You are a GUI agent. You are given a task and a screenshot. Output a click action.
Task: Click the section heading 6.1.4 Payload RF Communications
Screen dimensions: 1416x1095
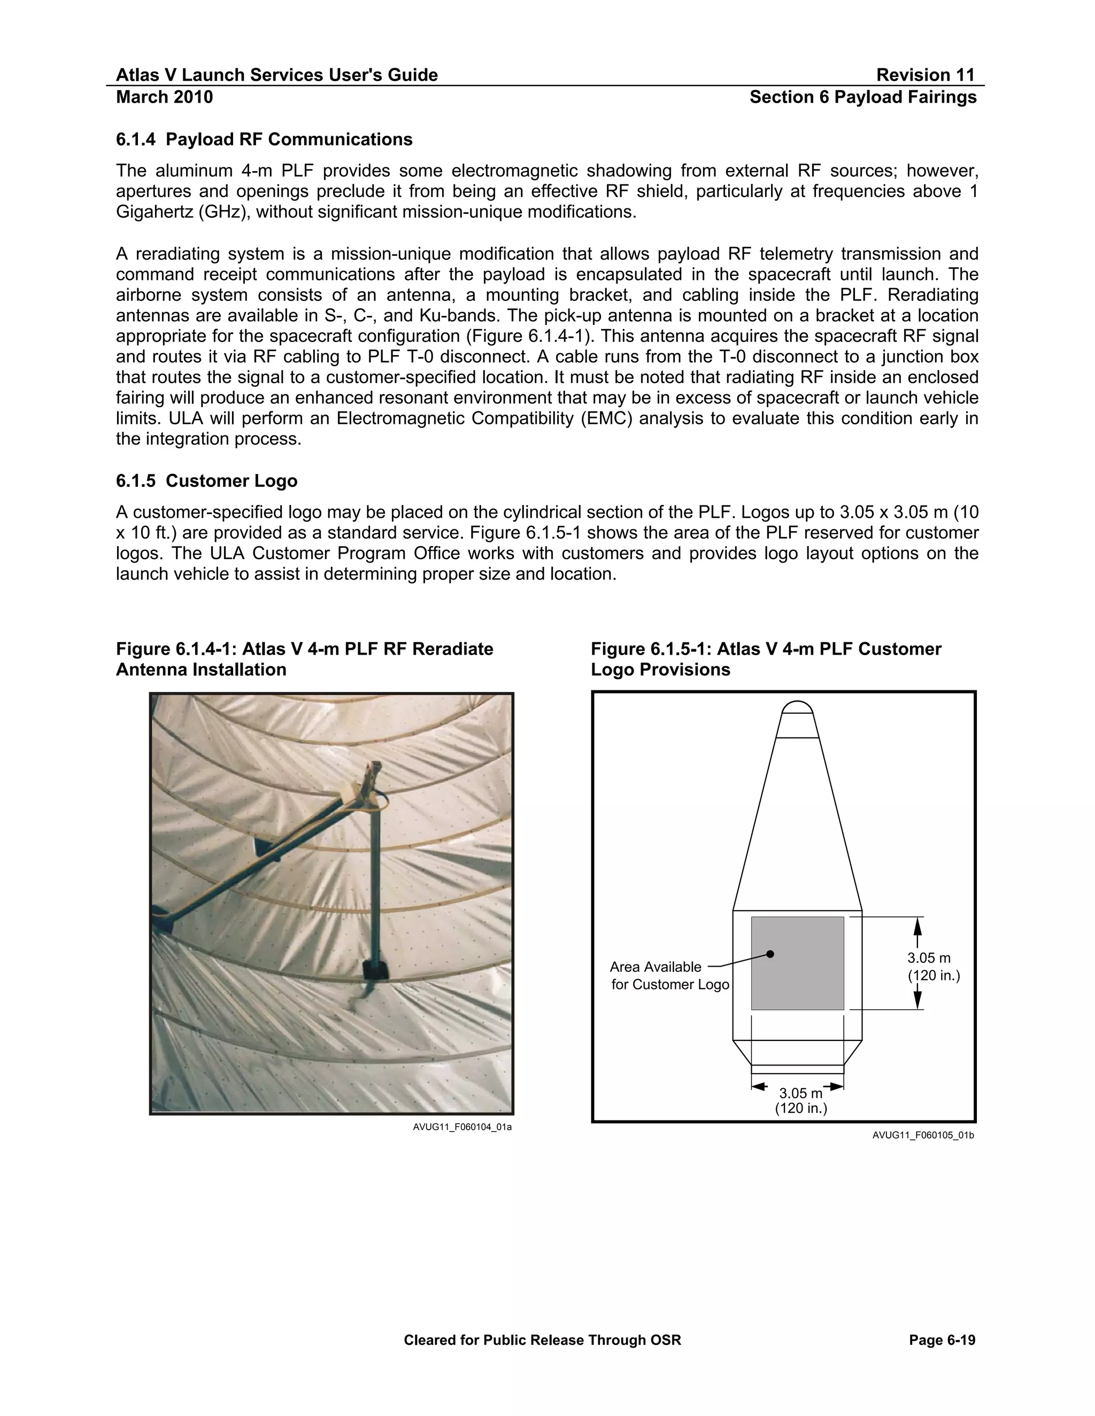click(x=264, y=139)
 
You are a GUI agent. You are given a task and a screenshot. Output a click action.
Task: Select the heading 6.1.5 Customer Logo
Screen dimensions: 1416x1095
click(x=206, y=480)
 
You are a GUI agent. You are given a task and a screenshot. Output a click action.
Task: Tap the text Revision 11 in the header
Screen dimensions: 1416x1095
click(x=925, y=75)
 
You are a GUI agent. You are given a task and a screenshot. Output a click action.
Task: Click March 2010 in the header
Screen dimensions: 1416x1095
click(x=164, y=97)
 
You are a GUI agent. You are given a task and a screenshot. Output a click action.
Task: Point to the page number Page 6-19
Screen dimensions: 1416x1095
click(x=942, y=1340)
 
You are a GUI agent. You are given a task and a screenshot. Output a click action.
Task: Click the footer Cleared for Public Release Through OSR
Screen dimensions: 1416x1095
click(x=542, y=1340)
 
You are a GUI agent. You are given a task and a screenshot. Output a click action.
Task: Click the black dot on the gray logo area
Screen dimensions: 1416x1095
click(x=770, y=954)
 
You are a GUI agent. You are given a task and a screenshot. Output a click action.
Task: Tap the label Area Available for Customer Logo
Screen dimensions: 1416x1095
click(x=668, y=976)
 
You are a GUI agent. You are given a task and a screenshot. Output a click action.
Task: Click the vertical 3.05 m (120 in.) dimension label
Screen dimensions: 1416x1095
click(x=933, y=967)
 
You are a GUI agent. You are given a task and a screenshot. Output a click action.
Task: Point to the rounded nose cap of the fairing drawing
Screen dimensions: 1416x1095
click(x=797, y=707)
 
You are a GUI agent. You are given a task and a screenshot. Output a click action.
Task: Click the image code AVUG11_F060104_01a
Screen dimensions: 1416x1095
click(x=462, y=1127)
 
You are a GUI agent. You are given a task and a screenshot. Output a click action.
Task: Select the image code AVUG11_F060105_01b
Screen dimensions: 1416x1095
click(x=922, y=1135)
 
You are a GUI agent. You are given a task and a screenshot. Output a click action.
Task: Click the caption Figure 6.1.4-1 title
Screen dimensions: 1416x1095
click(x=304, y=659)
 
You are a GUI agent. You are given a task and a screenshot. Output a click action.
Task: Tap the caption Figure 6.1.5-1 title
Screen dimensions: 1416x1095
click(x=766, y=659)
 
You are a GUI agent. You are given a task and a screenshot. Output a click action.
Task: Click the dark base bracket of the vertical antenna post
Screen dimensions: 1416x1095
click(x=374, y=970)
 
